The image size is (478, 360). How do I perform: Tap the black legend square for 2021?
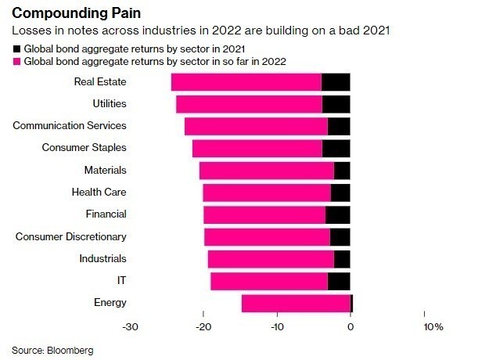16,49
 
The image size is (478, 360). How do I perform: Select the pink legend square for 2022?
16,60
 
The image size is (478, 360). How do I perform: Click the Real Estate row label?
100,81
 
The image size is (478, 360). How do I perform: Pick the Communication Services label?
70,125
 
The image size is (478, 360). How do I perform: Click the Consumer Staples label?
84,147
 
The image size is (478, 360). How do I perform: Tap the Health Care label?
99,192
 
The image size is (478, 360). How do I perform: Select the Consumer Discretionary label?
70,236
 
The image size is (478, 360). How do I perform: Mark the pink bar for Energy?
296,303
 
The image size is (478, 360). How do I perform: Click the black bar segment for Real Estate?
336,81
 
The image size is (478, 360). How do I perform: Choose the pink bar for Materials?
267,170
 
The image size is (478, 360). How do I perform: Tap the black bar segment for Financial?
337,214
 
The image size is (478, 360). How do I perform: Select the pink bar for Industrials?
271,259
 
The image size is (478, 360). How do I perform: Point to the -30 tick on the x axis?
131,326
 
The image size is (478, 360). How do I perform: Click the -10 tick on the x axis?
278,326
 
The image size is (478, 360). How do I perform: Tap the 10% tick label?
433,326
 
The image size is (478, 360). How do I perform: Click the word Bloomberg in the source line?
71,350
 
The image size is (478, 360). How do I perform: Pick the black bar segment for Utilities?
336,103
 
